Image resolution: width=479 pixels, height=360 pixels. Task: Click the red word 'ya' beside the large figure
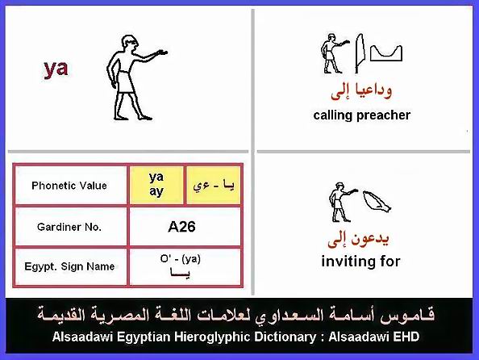pyautogui.click(x=56, y=69)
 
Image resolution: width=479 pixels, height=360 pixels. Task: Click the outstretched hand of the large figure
pyautogui.click(x=161, y=52)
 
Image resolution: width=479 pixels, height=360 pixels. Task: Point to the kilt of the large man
pyautogui.click(x=125, y=82)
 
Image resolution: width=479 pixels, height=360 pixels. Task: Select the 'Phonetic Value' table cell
pyautogui.click(x=69, y=186)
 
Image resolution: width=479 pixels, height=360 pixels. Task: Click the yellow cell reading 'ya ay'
pyautogui.click(x=156, y=185)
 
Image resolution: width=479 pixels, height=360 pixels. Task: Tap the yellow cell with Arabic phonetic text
pyautogui.click(x=214, y=185)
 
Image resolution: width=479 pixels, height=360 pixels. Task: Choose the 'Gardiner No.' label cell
pyautogui.click(x=69, y=227)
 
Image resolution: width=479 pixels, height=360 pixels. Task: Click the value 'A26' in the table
pyautogui.click(x=181, y=227)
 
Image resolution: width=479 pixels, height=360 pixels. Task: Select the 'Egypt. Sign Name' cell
pyautogui.click(x=69, y=266)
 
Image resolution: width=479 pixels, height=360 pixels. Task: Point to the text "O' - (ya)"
pyautogui.click(x=181, y=259)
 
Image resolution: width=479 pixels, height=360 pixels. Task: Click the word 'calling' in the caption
pyautogui.click(x=333, y=115)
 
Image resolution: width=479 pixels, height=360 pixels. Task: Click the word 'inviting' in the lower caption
pyautogui.click(x=345, y=262)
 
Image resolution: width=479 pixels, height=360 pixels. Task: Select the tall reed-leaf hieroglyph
pyautogui.click(x=360, y=53)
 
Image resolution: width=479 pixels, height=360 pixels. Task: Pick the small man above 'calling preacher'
pyautogui.click(x=334, y=53)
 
